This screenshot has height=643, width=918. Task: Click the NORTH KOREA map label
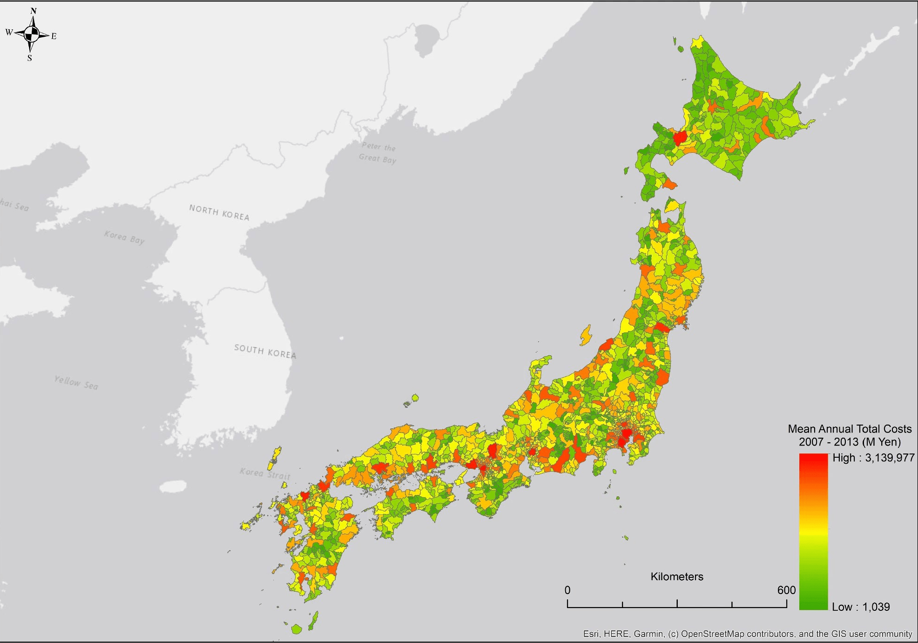pyautogui.click(x=219, y=212)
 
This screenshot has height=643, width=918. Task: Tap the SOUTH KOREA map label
pyautogui.click(x=264, y=351)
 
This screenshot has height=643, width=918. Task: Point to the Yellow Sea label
pyautogui.click(x=76, y=382)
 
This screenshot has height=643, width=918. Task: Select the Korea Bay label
pyautogui.click(x=124, y=237)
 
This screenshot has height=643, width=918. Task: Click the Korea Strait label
pyautogui.click(x=265, y=474)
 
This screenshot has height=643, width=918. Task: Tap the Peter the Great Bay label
pyautogui.click(x=378, y=153)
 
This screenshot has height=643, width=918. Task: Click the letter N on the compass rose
pyautogui.click(x=33, y=11)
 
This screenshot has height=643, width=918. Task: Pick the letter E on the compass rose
pyautogui.click(x=54, y=36)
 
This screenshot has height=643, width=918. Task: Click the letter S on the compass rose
pyautogui.click(x=30, y=58)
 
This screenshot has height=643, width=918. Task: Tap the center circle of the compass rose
pyautogui.click(x=32, y=34)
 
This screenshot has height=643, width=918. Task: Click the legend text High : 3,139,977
pyautogui.click(x=873, y=458)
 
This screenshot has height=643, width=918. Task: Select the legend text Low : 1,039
pyautogui.click(x=860, y=607)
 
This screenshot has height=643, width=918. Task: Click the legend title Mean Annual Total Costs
pyautogui.click(x=850, y=429)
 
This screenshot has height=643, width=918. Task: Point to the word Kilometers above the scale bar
pyautogui.click(x=676, y=576)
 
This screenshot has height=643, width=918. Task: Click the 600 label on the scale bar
pyautogui.click(x=786, y=590)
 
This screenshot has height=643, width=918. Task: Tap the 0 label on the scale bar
pyautogui.click(x=567, y=590)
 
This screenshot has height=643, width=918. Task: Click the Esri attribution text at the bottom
pyautogui.click(x=747, y=634)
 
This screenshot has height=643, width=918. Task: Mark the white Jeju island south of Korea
pyautogui.click(x=173, y=487)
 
